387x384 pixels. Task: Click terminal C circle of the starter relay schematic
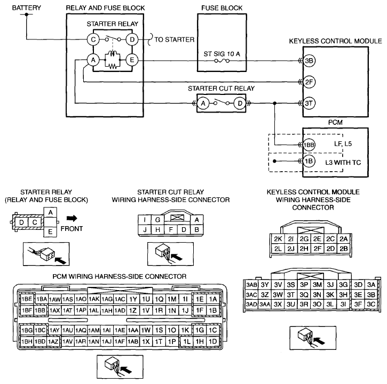[x=93, y=39]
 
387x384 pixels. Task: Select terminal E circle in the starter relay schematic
[x=132, y=60]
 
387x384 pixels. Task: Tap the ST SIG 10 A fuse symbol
[x=222, y=61]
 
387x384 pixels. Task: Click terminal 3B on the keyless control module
[x=309, y=61]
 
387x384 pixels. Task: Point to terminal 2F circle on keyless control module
[x=309, y=82]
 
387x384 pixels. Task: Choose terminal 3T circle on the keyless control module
[x=309, y=103]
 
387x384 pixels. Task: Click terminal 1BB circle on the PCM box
[x=309, y=145]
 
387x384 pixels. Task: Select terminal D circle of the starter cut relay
[x=240, y=103]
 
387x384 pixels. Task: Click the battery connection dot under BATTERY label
[x=26, y=14]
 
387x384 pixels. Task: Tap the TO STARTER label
[x=175, y=39]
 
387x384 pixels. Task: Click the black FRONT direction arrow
[x=72, y=218]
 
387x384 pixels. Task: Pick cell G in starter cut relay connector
[x=157, y=220]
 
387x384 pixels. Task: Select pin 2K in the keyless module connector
[x=278, y=239]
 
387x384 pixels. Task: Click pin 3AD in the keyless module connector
[x=251, y=305]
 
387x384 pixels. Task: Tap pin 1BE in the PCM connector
[x=27, y=299]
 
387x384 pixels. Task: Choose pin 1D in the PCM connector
[x=213, y=341]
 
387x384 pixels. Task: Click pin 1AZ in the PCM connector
[x=53, y=341]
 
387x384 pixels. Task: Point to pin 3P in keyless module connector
[x=304, y=285]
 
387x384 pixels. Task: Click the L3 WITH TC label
[x=343, y=163]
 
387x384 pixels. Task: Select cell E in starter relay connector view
[x=50, y=232]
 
